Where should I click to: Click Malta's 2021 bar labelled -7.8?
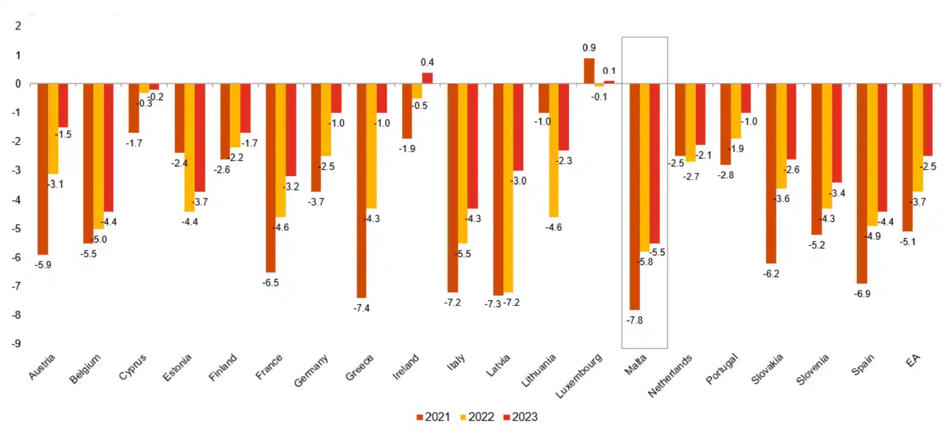634,196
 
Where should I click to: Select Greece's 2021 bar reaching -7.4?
361,190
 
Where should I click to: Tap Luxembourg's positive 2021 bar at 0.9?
588,71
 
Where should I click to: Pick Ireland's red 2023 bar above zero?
427,78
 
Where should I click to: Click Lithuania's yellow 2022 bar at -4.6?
553,150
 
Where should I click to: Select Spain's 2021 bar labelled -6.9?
862,183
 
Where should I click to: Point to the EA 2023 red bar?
928,120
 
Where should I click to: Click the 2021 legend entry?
433,417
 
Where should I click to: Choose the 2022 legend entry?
477,417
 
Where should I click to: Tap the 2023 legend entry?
521,417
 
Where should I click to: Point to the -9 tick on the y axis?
17,343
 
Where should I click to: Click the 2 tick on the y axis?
18,26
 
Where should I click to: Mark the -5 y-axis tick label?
17,229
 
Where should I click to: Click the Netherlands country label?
671,376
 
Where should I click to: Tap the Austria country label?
42,367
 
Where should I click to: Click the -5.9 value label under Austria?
43,265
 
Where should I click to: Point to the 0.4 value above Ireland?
427,62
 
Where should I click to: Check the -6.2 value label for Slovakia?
771,274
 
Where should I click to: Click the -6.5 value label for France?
271,283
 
